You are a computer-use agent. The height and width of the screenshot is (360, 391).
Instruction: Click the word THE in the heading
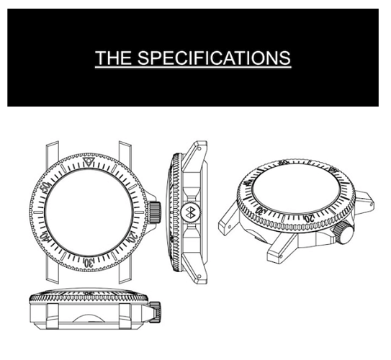(x=113, y=58)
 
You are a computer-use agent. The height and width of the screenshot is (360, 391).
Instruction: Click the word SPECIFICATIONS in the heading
(x=214, y=58)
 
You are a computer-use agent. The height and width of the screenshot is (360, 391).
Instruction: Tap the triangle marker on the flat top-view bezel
(x=89, y=162)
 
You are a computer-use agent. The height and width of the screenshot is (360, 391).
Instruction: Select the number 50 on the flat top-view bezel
(x=46, y=187)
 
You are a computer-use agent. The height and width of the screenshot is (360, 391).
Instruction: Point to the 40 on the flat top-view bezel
(x=45, y=236)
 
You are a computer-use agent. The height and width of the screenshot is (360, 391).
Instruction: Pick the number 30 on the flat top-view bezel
(x=89, y=263)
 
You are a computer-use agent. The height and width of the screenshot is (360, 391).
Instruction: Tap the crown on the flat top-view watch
(x=154, y=212)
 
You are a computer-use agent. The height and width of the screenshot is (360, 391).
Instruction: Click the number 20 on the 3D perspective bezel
(x=309, y=219)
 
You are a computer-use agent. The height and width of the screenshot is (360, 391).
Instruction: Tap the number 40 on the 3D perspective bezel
(x=247, y=184)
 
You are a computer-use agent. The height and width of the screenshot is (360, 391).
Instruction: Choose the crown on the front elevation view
(x=155, y=312)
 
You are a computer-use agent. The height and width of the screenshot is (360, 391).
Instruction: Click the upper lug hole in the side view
(x=199, y=148)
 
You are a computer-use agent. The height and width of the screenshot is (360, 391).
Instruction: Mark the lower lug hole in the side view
(x=199, y=276)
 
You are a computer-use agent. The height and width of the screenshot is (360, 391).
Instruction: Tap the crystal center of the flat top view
(x=89, y=212)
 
